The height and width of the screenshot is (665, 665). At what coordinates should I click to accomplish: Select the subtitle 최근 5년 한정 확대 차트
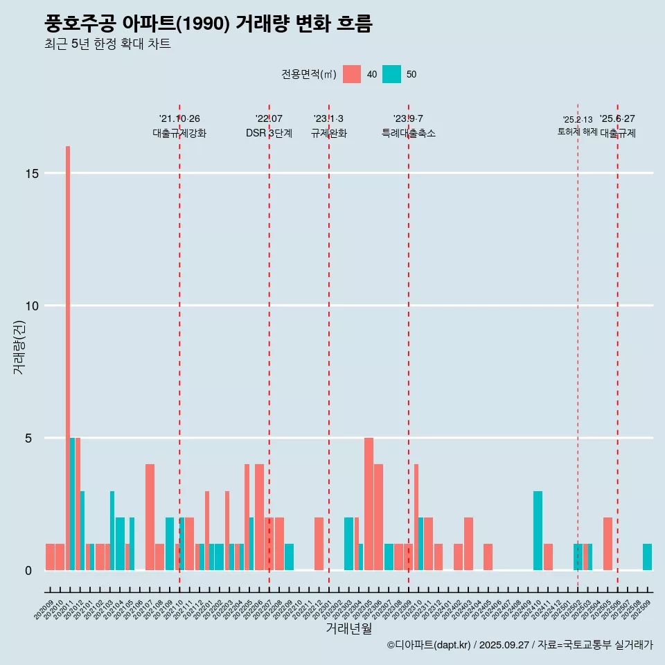tap(107, 44)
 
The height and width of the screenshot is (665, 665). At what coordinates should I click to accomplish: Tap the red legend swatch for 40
tap(352, 74)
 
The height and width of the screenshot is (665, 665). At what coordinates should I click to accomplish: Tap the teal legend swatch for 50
tap(391, 74)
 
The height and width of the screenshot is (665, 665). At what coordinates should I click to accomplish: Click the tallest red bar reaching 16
tap(68, 346)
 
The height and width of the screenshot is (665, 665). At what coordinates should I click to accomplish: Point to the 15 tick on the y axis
tap(30, 173)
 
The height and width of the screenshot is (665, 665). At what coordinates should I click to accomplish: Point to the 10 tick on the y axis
tap(30, 305)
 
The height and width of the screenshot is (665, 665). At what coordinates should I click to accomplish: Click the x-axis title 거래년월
tap(348, 629)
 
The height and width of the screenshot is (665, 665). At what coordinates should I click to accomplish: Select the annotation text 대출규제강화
tap(179, 133)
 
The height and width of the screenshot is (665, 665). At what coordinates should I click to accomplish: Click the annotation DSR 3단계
tap(269, 133)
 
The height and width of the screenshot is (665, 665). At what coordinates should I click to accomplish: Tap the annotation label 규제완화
tap(328, 133)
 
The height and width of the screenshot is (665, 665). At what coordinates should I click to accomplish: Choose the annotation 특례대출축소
tap(409, 133)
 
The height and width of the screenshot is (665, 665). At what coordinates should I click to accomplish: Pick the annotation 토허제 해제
tap(577, 132)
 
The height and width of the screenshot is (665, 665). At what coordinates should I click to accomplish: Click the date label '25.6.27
tap(617, 119)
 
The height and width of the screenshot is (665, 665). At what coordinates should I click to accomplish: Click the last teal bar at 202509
tap(647, 557)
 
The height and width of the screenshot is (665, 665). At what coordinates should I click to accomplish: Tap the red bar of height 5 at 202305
tap(369, 504)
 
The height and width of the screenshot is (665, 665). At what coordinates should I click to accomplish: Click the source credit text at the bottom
tap(520, 645)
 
